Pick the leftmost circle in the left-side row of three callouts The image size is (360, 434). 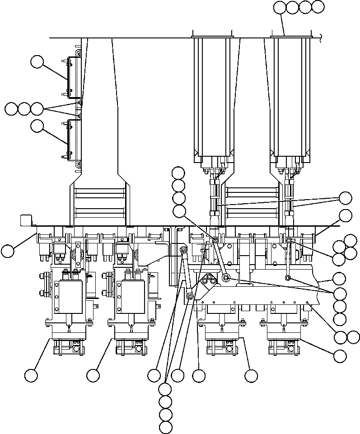click(11, 108)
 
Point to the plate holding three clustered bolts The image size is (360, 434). click(209, 281)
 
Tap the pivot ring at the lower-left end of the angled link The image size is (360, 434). click(190, 296)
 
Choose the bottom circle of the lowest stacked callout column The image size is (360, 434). click(166, 427)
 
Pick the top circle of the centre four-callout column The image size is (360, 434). click(178, 173)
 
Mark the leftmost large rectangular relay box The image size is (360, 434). click(69, 296)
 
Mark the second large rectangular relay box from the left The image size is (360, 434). click(131, 296)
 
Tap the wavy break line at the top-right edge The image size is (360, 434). click(320, 38)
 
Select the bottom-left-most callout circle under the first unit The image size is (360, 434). click(31, 375)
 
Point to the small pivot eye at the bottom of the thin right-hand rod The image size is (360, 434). click(288, 278)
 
